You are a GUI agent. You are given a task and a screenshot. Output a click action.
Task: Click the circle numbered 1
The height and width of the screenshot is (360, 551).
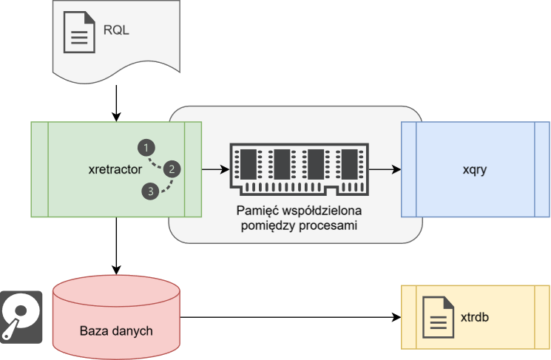147,147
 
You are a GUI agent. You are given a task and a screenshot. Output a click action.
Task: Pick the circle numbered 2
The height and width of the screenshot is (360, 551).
172,169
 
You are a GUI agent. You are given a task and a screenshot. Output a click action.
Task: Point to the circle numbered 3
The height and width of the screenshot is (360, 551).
150,192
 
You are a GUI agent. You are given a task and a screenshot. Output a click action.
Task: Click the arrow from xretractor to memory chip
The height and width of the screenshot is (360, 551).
215,169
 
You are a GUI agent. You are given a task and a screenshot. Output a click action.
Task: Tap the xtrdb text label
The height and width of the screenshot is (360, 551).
476,317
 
